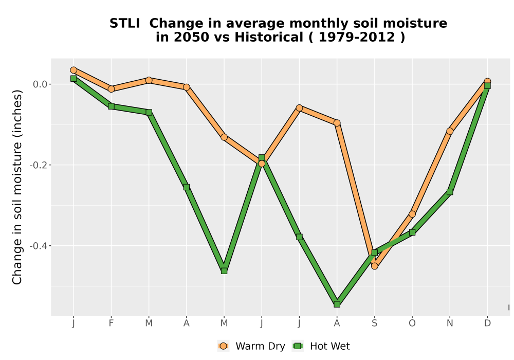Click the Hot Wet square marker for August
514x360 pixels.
[337, 304]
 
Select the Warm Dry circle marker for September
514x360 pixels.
[374, 266]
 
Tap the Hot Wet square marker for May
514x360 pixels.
[224, 271]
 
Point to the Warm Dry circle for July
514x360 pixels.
[299, 108]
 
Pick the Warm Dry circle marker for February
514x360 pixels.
[111, 89]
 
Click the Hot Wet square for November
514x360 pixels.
[450, 192]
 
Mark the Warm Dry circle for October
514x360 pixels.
[412, 214]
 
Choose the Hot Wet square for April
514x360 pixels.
[187, 187]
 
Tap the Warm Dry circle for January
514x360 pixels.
[74, 70]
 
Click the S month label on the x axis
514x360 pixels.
[374, 323]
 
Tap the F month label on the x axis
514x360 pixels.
[111, 323]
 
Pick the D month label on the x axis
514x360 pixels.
[487, 323]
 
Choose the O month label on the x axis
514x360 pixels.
[412, 323]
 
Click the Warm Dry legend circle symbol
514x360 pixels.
[223, 346]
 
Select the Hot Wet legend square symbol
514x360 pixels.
[298, 346]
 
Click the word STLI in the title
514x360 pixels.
[124, 24]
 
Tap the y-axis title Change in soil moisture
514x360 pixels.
[17, 187]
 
